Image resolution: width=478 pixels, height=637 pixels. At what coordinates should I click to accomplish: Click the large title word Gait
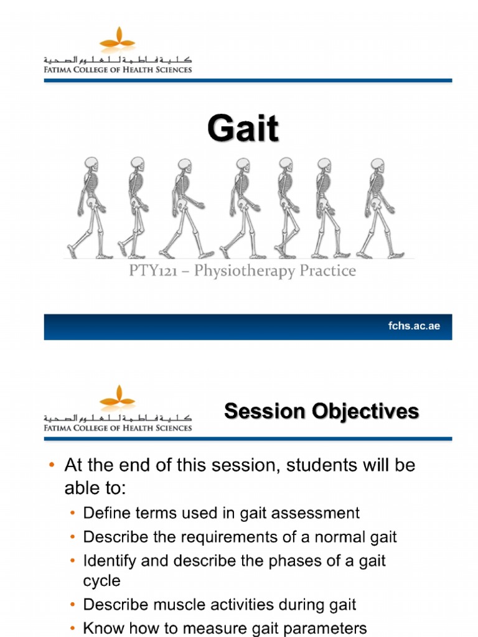click(x=243, y=130)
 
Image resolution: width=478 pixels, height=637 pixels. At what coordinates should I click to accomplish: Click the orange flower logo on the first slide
click(x=118, y=39)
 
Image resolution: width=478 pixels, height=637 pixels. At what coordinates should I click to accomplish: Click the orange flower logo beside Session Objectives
click(x=118, y=397)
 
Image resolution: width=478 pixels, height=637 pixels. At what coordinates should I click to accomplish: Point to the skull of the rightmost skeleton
click(x=377, y=165)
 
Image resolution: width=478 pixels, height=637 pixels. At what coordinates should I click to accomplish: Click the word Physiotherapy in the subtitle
click(x=239, y=271)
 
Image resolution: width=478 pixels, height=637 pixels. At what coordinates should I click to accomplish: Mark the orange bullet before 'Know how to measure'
click(x=73, y=628)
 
